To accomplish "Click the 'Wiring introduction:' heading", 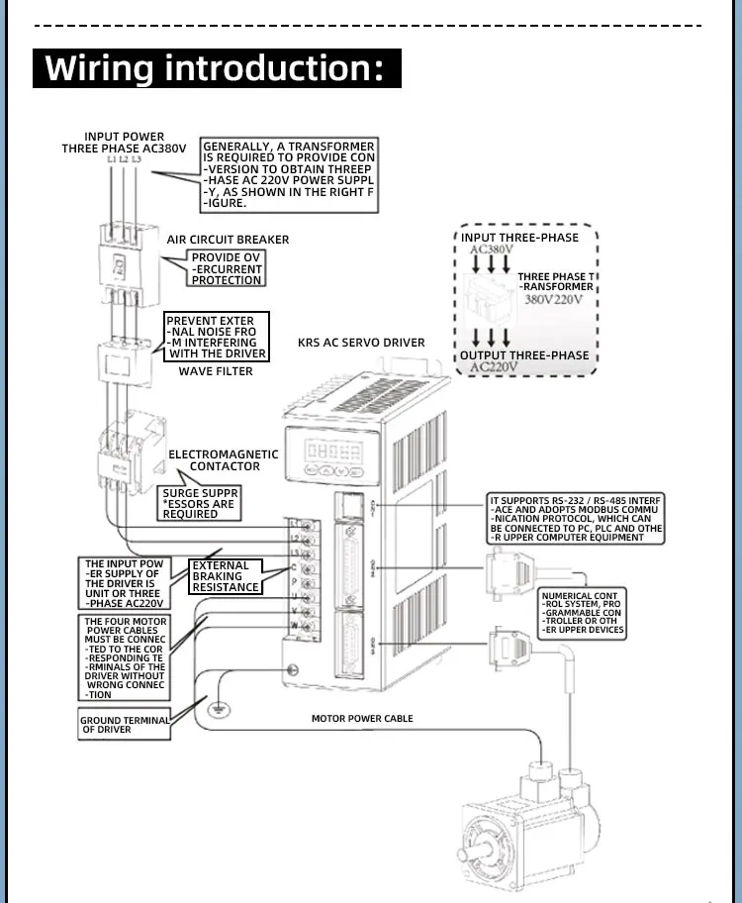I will (218, 69).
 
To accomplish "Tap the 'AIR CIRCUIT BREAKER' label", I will (228, 240).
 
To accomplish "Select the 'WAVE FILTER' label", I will (216, 371).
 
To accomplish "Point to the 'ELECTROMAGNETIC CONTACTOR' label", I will (225, 460).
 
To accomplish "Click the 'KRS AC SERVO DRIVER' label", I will (361, 343).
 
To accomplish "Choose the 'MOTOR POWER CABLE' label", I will (362, 718).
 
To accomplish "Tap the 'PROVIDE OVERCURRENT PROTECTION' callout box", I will (227, 269).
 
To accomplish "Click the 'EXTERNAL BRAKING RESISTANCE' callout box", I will (226, 576).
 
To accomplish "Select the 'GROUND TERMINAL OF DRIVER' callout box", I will (125, 725).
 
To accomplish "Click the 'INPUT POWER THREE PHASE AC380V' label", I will (124, 143).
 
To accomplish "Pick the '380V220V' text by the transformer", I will (553, 299).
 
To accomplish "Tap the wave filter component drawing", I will (123, 358).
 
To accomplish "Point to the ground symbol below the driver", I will (215, 707).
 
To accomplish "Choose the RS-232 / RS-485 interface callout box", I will (576, 517).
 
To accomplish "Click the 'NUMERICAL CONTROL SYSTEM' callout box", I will (583, 613).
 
